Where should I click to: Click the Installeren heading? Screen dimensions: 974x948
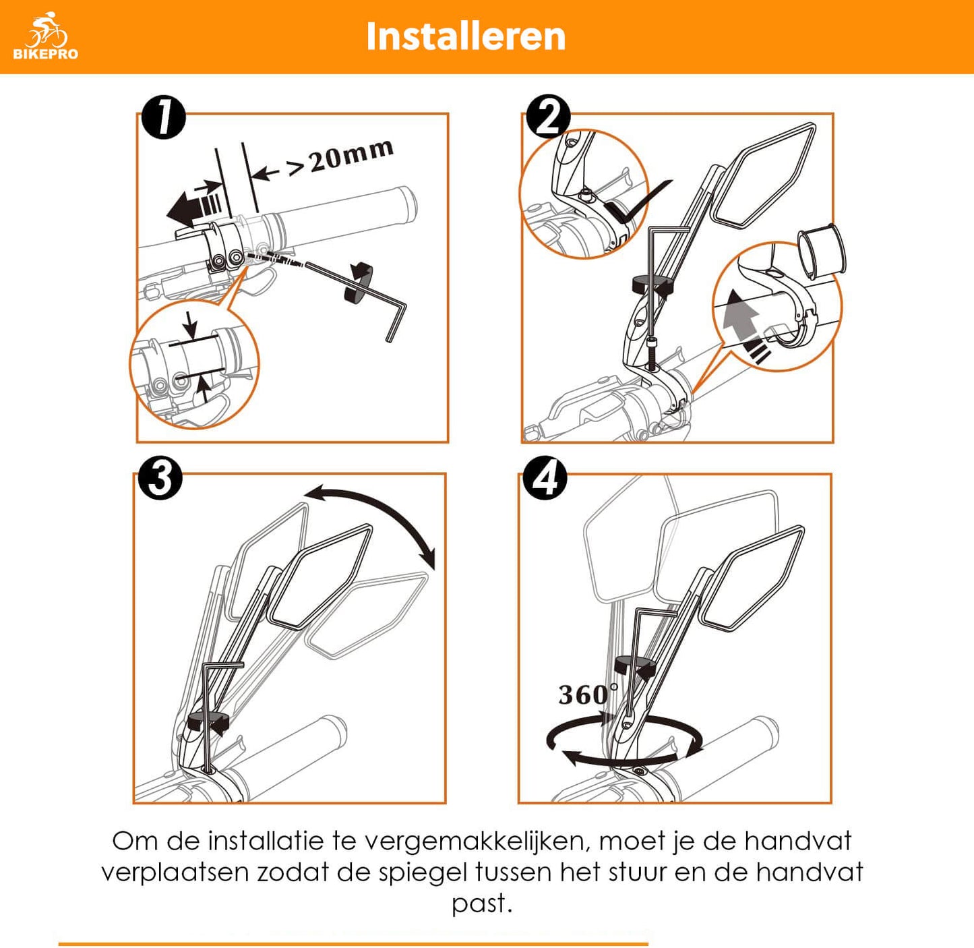466,36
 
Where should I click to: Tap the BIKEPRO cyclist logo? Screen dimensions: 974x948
46,36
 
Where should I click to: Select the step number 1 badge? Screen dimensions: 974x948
164,118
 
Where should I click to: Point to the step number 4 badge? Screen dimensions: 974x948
545,478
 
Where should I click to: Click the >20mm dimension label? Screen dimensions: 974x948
340,158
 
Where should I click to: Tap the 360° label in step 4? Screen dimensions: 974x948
588,694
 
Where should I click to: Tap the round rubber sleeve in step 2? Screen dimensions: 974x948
822,250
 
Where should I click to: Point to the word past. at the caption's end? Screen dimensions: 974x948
482,904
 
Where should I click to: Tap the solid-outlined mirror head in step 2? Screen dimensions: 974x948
763,175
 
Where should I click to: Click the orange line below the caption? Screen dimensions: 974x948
353,944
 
